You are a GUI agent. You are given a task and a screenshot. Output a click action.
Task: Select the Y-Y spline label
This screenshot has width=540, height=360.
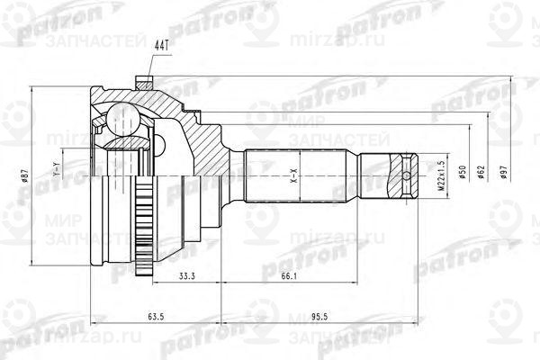coord(58,168)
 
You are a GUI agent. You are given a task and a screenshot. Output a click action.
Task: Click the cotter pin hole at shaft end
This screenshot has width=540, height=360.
coord(408,175)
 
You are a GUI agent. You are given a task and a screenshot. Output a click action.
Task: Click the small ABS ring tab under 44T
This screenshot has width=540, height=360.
coord(140,83)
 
